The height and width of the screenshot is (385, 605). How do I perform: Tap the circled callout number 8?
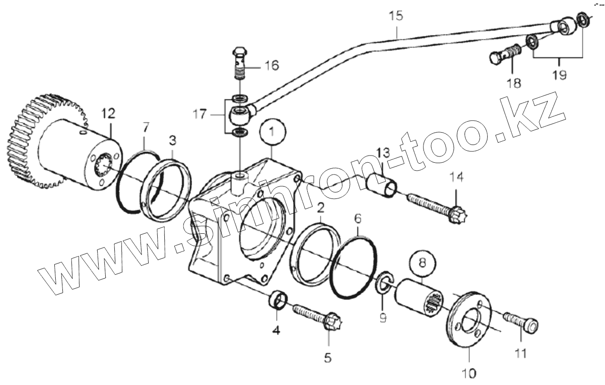pyautogui.click(x=422, y=262)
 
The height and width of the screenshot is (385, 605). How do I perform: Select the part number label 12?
pyautogui.click(x=108, y=114)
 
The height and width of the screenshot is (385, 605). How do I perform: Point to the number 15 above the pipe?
pyautogui.click(x=396, y=16)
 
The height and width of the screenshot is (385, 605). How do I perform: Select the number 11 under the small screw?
pyautogui.click(x=520, y=353)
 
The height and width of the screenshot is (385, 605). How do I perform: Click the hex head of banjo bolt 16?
pyautogui.click(x=240, y=51)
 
